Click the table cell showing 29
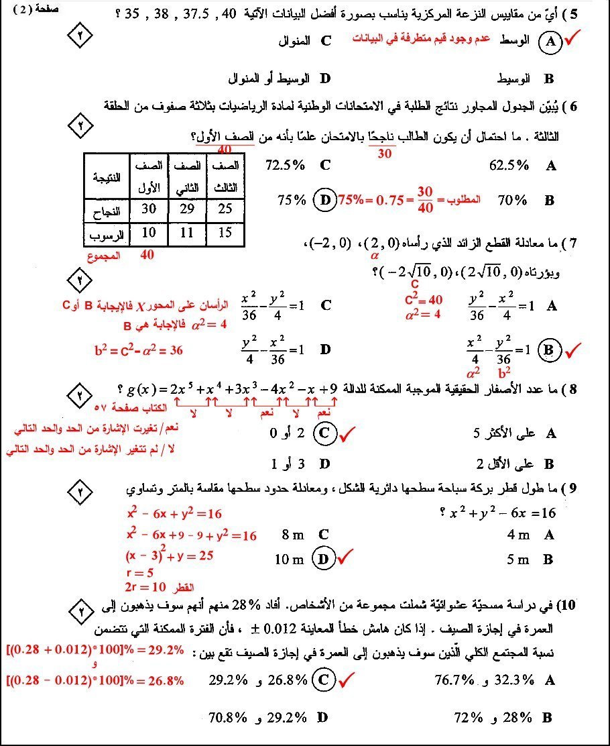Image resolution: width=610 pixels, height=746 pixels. (x=187, y=209)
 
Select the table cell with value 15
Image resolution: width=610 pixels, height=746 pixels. (x=225, y=233)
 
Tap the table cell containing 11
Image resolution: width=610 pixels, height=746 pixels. (x=187, y=233)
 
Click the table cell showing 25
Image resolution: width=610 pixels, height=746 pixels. (x=225, y=209)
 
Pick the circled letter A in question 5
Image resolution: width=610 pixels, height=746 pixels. (x=550, y=42)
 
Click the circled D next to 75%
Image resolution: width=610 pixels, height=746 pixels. (x=325, y=200)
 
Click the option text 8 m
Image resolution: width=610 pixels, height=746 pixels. (x=294, y=535)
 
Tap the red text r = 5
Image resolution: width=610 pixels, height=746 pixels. (x=140, y=573)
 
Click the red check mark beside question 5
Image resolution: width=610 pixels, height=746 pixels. (x=573, y=40)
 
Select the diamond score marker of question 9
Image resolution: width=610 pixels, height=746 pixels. (x=82, y=492)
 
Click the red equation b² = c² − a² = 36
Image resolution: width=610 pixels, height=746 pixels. (x=139, y=350)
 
